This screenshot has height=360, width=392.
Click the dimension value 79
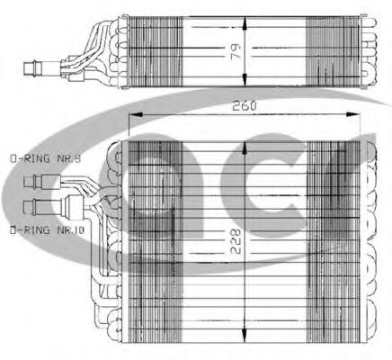click(236, 52)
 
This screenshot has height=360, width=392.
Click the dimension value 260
click(245, 105)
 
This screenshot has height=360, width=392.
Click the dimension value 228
click(236, 241)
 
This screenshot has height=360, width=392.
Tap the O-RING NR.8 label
click(45, 158)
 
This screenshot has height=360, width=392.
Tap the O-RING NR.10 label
click(47, 230)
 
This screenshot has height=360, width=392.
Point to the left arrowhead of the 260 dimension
click(135, 114)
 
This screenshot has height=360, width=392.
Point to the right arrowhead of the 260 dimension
click(352, 114)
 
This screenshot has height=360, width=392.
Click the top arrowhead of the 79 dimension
click(245, 23)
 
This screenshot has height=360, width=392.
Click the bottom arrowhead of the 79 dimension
click(245, 79)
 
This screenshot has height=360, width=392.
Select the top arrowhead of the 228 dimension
click(245, 148)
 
